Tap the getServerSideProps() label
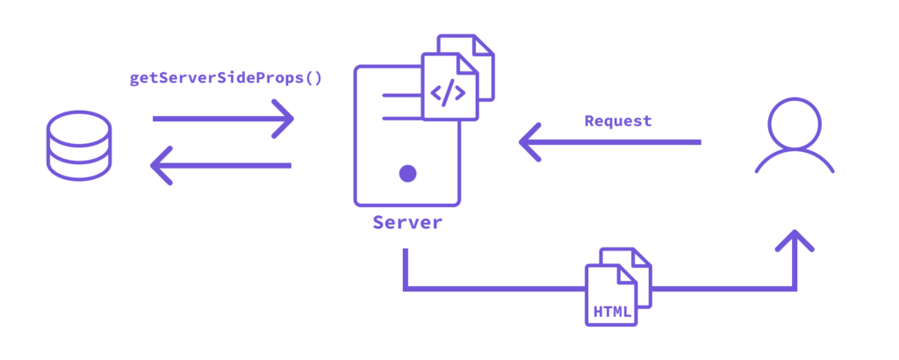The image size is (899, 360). tap(226, 77)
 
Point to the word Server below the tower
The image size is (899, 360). tap(407, 222)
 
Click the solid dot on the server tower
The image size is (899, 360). tap(407, 173)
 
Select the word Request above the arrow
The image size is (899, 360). tap(618, 121)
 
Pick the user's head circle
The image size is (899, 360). tap(795, 123)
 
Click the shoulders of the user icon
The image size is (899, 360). tap(795, 163)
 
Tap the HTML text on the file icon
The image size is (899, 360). tap(612, 312)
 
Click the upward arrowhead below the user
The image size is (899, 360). tap(795, 241)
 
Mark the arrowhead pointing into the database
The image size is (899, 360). tap(162, 165)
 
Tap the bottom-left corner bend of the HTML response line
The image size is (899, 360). tap(406, 287)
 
